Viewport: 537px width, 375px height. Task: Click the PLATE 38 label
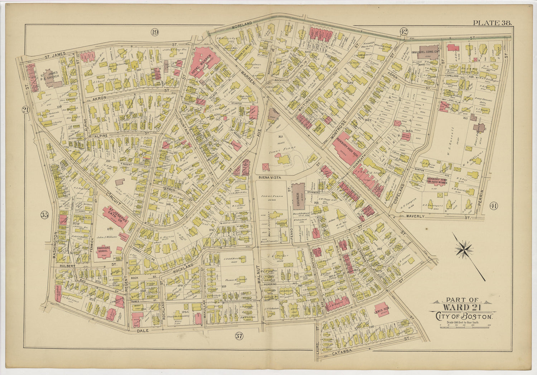(492, 23)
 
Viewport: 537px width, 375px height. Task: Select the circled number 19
(154, 33)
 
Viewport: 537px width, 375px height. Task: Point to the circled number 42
(403, 32)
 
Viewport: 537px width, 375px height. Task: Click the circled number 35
(44, 215)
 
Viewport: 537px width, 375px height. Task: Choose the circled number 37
(239, 336)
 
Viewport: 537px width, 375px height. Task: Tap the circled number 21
(25, 110)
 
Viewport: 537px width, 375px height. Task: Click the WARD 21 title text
(461, 307)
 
